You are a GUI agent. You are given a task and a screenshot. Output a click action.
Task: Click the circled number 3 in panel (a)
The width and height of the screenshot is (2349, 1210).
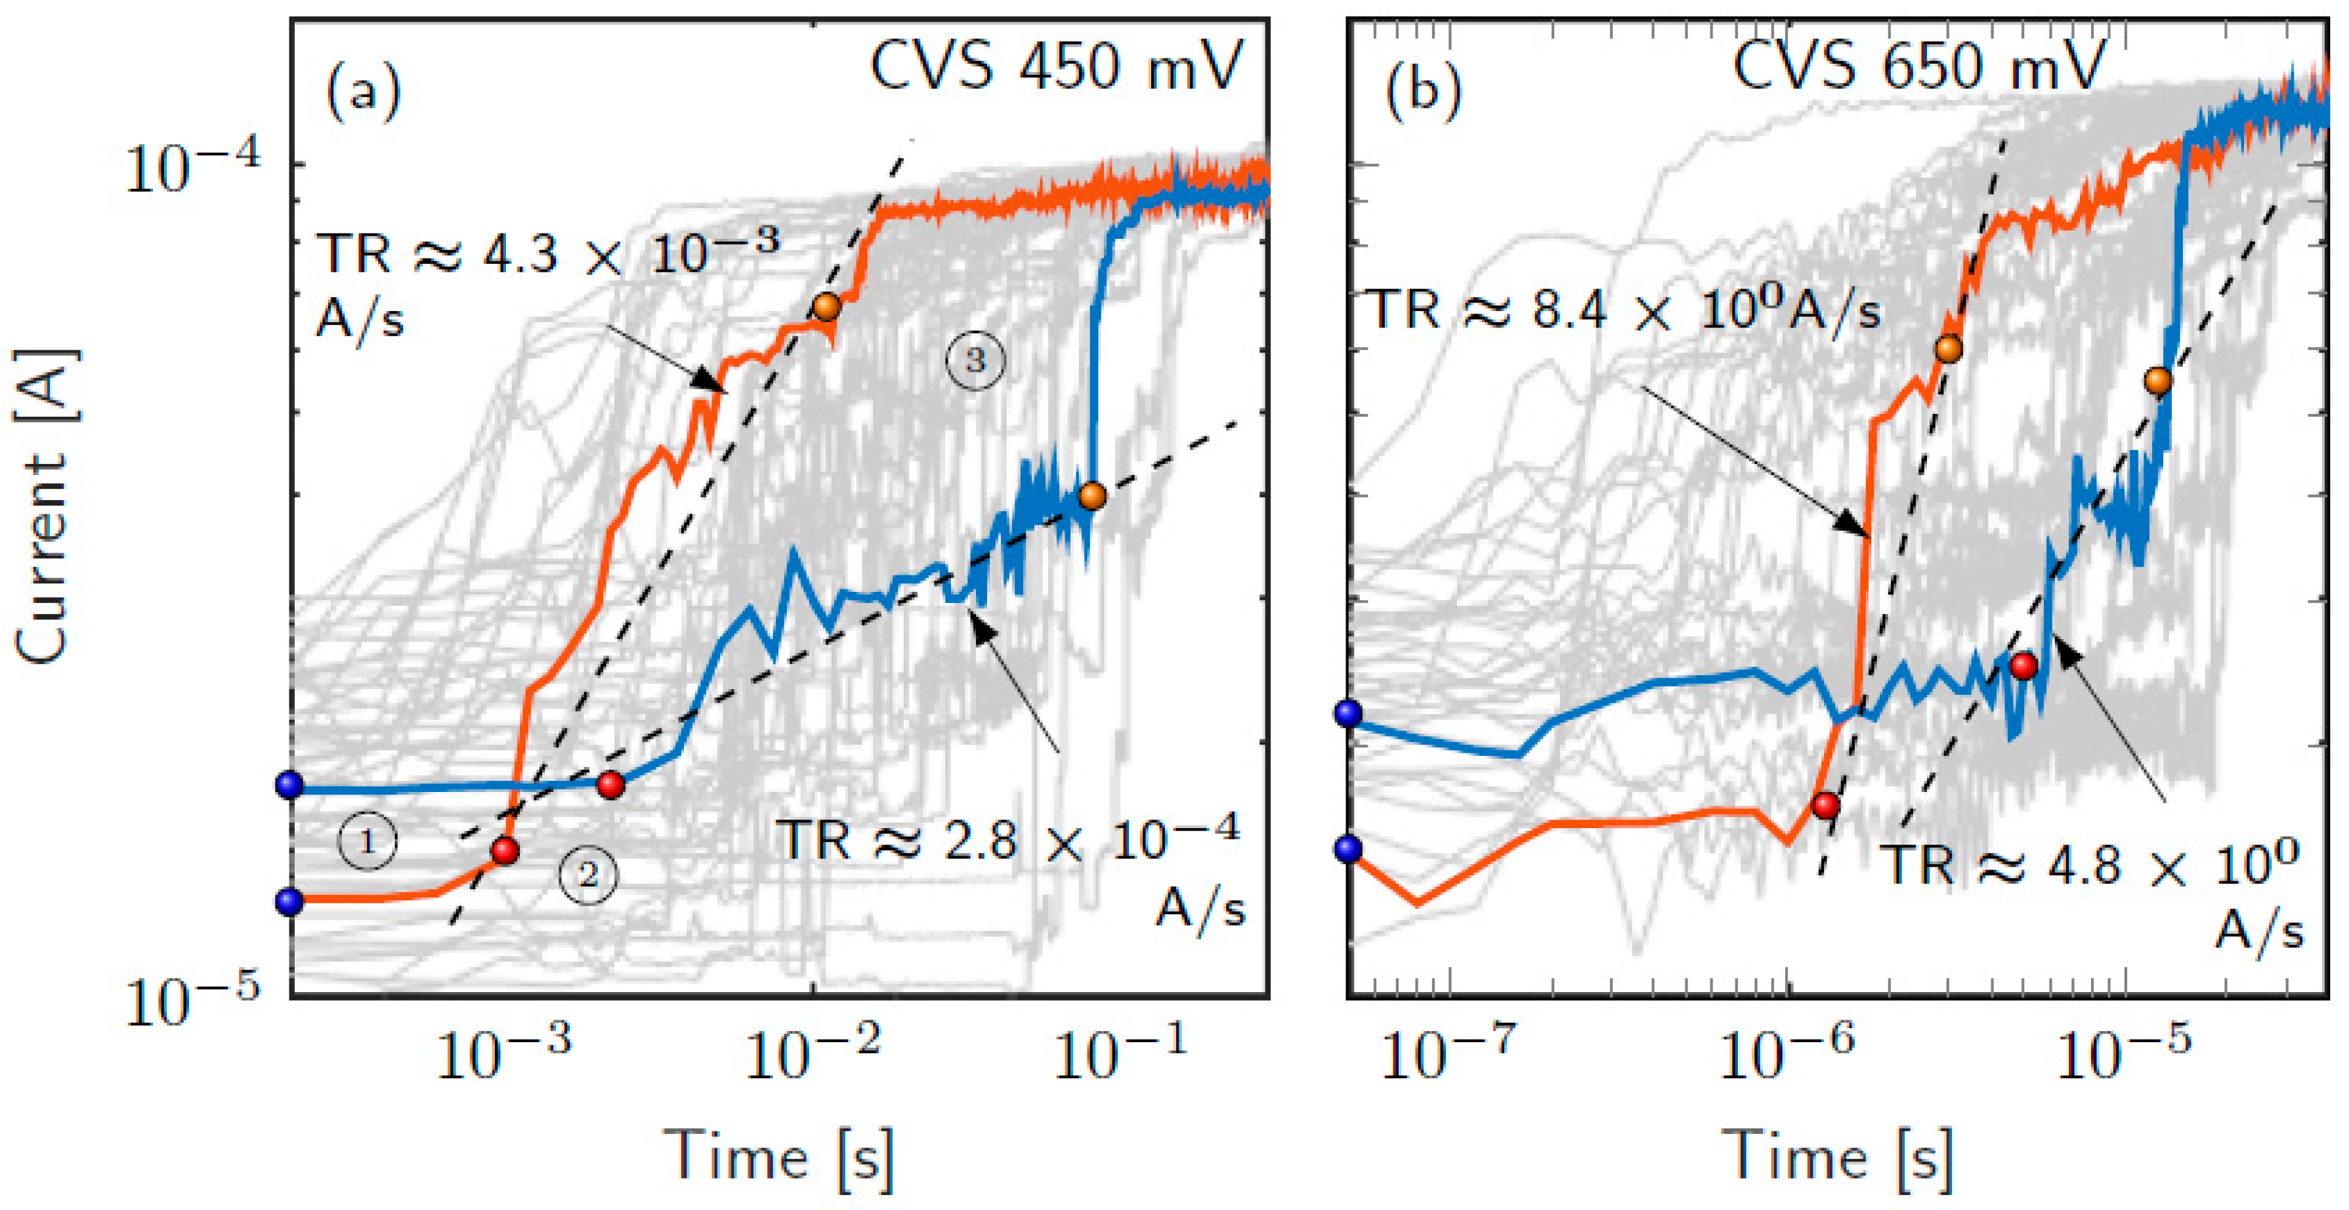tap(975, 360)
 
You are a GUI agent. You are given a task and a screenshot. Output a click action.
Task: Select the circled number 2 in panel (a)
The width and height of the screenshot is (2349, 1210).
tap(588, 875)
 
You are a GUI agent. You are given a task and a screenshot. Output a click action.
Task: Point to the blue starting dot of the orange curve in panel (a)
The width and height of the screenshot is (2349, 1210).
tap(290, 902)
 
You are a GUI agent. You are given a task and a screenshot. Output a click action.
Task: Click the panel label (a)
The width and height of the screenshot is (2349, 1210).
tap(363, 92)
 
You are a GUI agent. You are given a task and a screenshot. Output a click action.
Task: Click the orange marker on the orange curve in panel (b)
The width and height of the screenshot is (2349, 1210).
tap(1948, 348)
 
